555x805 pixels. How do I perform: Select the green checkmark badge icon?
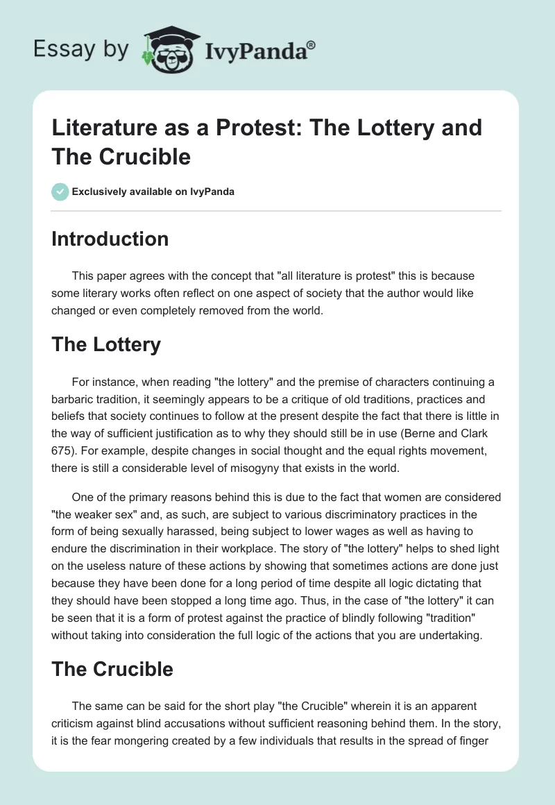pos(60,192)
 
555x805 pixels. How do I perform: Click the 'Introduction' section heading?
pos(110,239)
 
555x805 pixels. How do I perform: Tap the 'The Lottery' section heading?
pos(106,344)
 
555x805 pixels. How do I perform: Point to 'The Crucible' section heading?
pos(112,669)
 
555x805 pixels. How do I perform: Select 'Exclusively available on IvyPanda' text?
pos(153,192)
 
